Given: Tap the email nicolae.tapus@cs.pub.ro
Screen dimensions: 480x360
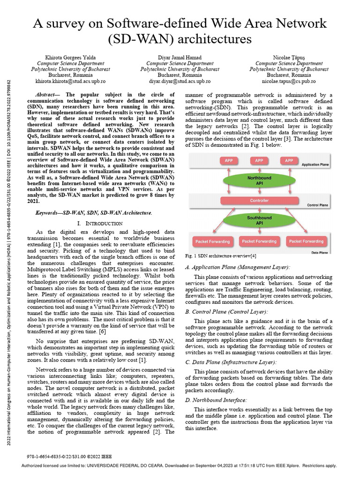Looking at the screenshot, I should point(288,81).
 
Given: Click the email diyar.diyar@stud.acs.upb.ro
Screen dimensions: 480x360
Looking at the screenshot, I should point(180,81).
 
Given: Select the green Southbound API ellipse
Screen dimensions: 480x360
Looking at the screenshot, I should point(259,220).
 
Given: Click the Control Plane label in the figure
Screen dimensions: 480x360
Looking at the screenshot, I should point(320,205).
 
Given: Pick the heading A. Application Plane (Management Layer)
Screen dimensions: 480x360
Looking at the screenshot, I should point(238,267).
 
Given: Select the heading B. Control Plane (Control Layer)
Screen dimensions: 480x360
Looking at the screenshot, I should point(227,311).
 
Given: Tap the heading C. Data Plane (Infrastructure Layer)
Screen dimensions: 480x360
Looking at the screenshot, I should point(231,362).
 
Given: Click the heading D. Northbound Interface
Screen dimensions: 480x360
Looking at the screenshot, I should point(216,400).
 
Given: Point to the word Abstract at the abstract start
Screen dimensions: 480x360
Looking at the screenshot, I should point(47,94).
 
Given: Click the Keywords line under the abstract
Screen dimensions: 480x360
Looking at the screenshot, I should point(94,213).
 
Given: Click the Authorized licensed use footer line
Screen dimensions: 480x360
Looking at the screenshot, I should point(180,465).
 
